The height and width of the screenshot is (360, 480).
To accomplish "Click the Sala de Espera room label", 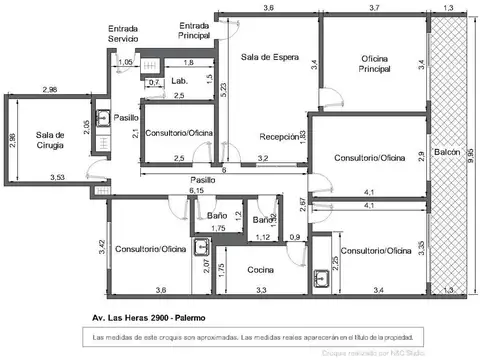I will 270,57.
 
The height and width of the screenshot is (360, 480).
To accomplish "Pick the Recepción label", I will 279,137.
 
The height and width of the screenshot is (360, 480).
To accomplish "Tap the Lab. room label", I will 180,80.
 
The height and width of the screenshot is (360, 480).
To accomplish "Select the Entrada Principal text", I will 194,30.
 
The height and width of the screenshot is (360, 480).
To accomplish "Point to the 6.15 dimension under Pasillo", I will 197,189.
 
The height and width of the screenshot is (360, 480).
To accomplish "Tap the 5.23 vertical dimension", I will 226,88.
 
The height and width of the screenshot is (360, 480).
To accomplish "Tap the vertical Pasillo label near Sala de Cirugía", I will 126,117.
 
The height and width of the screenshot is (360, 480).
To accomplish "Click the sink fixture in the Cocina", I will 322,278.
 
